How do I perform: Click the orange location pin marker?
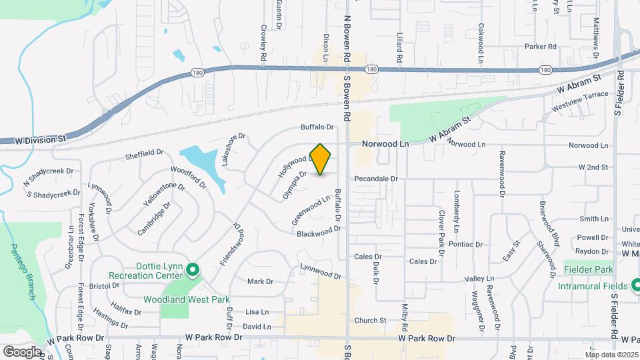pyautogui.click(x=321, y=159)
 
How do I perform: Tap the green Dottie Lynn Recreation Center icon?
pyautogui.click(x=193, y=270)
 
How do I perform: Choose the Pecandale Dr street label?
pyautogui.click(x=375, y=179)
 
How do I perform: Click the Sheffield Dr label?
pyautogui.click(x=144, y=154)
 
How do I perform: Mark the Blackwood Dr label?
pyautogui.click(x=319, y=231)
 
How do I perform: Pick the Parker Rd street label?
pyautogui.click(x=540, y=47)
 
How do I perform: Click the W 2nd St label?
pyautogui.click(x=593, y=167)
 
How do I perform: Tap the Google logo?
pyautogui.click(x=23, y=351)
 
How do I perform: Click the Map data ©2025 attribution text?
pyautogui.click(x=612, y=354)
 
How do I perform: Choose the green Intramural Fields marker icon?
pyautogui.click(x=633, y=285)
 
